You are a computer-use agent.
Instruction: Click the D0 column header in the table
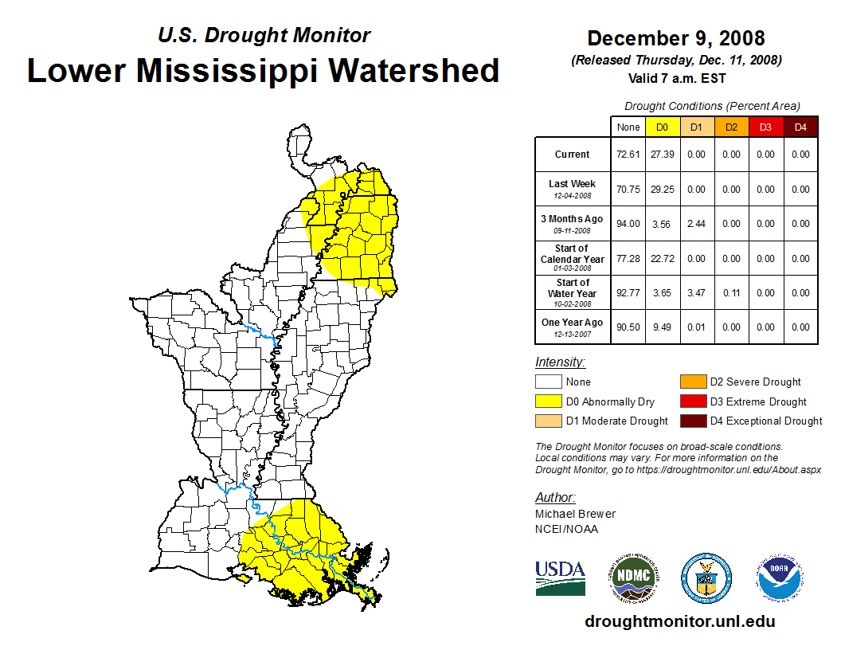tap(662, 127)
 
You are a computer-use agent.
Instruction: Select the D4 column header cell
tap(800, 127)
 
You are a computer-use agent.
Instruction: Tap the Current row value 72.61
tap(628, 155)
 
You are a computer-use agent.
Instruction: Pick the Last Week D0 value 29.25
tap(662, 190)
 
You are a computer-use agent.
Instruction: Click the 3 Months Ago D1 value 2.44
tap(697, 224)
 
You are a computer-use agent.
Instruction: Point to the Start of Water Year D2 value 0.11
tap(731, 293)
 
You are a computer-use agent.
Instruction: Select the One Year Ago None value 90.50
tap(628, 327)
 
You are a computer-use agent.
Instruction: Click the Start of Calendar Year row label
tap(572, 258)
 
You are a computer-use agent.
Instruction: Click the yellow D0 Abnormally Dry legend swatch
tap(548, 401)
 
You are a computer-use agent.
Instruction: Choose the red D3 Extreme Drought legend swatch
tap(693, 401)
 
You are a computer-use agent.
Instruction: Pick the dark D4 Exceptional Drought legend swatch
tap(693, 421)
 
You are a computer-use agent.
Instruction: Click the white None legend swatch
tap(548, 382)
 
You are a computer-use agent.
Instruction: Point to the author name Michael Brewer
tap(575, 514)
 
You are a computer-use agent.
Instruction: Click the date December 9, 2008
tap(675, 38)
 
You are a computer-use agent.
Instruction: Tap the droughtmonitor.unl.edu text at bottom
tap(679, 621)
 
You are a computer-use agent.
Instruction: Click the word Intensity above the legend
tap(560, 362)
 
